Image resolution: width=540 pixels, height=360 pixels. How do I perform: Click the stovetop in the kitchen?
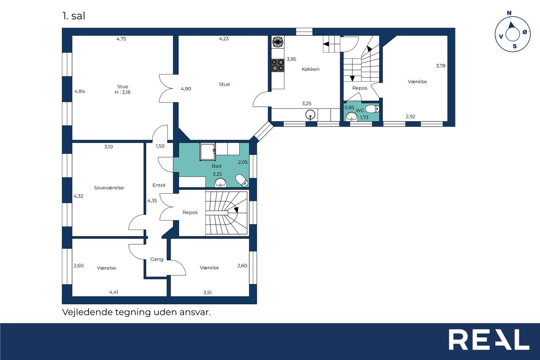(x=278, y=65)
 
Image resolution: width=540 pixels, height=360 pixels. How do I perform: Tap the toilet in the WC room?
(x=372, y=109)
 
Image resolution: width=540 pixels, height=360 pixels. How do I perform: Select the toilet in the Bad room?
(x=242, y=180)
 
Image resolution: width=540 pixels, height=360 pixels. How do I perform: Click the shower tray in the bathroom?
(x=208, y=152)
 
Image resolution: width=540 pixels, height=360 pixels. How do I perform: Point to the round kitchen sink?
(x=310, y=115)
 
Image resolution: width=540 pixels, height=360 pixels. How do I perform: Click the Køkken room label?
(x=310, y=69)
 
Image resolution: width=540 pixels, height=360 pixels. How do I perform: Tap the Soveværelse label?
(x=109, y=187)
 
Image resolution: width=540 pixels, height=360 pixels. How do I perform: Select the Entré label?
(x=159, y=185)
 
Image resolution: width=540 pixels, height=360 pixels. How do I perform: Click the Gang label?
(x=157, y=259)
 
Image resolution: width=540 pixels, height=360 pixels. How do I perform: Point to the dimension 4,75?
(x=121, y=39)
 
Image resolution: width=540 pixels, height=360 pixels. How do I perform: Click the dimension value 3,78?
(x=440, y=65)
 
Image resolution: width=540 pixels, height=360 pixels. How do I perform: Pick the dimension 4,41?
(x=114, y=292)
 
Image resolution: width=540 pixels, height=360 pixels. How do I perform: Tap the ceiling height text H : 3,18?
(x=122, y=92)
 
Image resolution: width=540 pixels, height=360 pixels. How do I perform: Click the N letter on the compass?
(x=509, y=13)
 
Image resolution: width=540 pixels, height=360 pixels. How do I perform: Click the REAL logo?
(x=489, y=339)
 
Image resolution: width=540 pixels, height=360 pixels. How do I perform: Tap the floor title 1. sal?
(x=74, y=16)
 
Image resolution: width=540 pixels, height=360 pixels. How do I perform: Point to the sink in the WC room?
(x=351, y=117)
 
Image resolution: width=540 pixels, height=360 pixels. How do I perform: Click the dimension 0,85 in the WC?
(x=349, y=108)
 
